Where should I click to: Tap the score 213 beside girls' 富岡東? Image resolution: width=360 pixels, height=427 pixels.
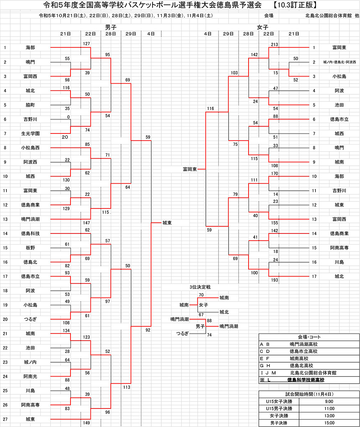coord(274,44)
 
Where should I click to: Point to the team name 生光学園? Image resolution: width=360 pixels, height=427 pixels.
coord(30,133)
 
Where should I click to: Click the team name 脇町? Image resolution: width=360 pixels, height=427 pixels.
coord(30,105)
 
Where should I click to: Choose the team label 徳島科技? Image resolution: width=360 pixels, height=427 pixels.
coord(30,233)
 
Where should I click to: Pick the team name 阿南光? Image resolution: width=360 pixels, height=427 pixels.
coord(30,376)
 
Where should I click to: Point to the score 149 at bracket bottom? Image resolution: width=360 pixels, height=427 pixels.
coord(86,423)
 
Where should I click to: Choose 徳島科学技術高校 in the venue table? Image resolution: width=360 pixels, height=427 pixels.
coord(306,380)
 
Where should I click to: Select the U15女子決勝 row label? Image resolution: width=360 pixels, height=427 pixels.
coord(279,401)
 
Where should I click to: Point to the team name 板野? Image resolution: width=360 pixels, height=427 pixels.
coord(30,248)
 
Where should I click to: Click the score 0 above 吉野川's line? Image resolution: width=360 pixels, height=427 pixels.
coord(68,117)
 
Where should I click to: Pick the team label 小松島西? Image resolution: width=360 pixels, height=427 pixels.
coord(30,148)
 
